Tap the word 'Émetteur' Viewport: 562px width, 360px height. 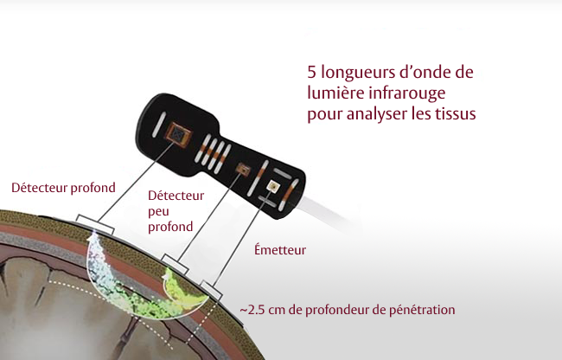280,250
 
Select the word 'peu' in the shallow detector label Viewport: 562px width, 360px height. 159,211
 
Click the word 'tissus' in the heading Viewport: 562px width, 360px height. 456,114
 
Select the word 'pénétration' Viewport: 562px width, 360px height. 422,309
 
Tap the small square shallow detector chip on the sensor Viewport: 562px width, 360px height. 242,167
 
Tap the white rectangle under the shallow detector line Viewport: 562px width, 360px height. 176,262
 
